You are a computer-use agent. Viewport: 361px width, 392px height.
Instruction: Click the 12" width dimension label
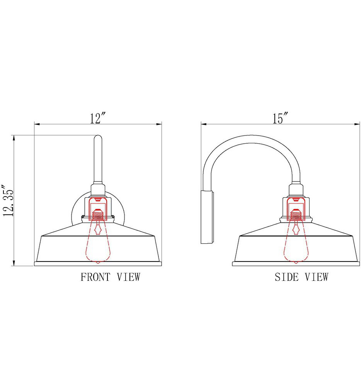coord(98,118)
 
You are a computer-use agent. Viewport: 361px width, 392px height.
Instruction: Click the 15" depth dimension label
coord(280,118)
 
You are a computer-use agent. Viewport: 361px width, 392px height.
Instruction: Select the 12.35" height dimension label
coord(9,200)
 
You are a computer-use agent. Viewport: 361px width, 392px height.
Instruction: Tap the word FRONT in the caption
coord(95,277)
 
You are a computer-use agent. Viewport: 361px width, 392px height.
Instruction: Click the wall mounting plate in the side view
coord(206,217)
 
